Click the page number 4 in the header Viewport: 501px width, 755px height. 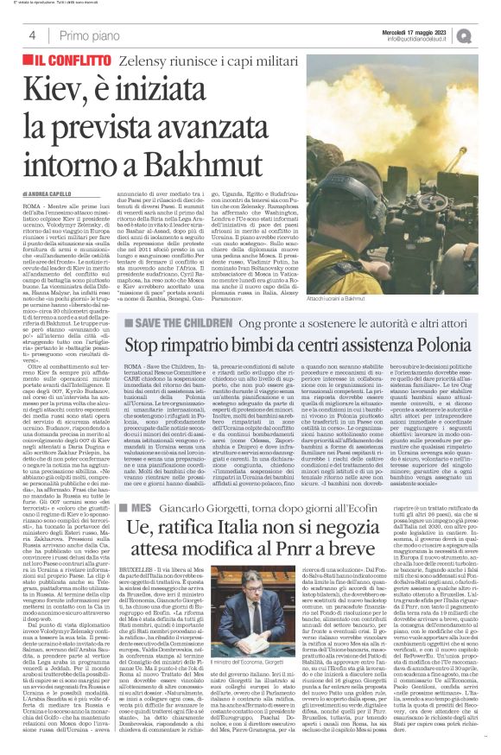(32, 35)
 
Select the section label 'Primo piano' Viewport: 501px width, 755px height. (90, 35)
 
